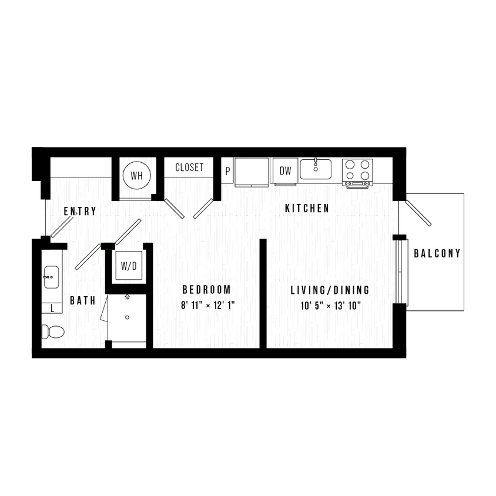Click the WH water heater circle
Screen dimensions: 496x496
click(x=136, y=175)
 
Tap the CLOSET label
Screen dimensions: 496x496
click(x=189, y=167)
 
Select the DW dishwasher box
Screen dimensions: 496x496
click(x=285, y=171)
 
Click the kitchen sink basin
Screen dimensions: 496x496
click(x=316, y=169)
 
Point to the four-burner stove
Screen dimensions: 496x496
click(x=358, y=171)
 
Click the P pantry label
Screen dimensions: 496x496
click(x=228, y=172)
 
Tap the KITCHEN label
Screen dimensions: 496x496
click(x=306, y=209)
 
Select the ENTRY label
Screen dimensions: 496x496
click(x=79, y=212)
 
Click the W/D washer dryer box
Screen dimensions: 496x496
click(x=128, y=266)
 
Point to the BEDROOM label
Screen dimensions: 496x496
click(x=206, y=290)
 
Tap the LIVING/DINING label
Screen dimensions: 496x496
click(x=330, y=290)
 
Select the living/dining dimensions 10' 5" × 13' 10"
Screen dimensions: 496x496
click(x=330, y=305)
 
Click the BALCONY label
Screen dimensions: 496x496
click(x=437, y=254)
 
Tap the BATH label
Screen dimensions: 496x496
click(x=83, y=301)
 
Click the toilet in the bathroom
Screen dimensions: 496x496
click(x=53, y=332)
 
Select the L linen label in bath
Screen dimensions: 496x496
click(x=53, y=307)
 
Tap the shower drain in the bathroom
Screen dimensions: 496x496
click(x=128, y=317)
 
